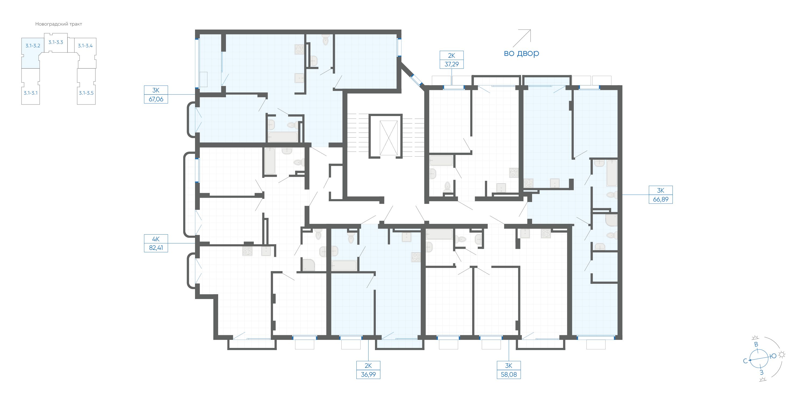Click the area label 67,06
coord(156,99)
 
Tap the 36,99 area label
coord(368,375)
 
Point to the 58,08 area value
coord(509,375)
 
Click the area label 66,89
coord(661,199)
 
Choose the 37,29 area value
coord(451,64)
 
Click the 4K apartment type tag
coord(156,239)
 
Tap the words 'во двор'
coord(521,53)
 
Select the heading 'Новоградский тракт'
coord(59,24)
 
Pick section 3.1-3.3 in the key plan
coord(56,42)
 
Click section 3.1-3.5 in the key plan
coord(86,93)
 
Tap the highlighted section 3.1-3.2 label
coord(33,46)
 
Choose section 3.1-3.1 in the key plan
coord(30,93)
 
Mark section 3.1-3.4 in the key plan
coord(85,46)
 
